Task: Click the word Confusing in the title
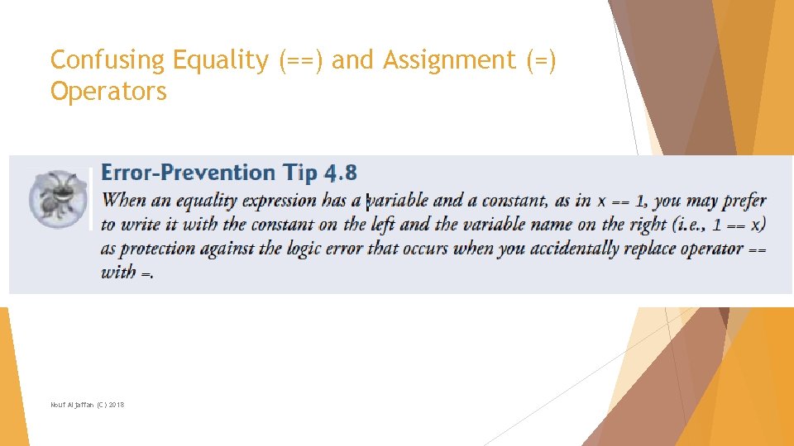pyautogui.click(x=108, y=60)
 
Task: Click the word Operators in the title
pyautogui.click(x=108, y=91)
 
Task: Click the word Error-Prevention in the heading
pyautogui.click(x=188, y=173)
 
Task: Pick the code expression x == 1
pyautogui.click(x=621, y=201)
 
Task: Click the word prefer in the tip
pyautogui.click(x=745, y=201)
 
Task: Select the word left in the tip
pyautogui.click(x=382, y=225)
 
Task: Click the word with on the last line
pyautogui.click(x=119, y=273)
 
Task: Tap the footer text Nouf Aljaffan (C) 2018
pyautogui.click(x=88, y=404)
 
